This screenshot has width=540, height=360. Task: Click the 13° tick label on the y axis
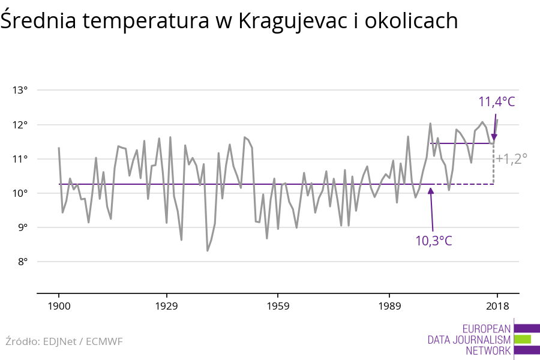pyautogui.click(x=20, y=91)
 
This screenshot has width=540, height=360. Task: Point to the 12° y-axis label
pyautogui.click(x=20, y=125)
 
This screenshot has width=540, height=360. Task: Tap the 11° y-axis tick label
pyautogui.click(x=20, y=159)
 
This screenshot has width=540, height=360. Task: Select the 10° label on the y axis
pyautogui.click(x=20, y=193)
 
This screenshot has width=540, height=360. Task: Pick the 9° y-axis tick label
pyautogui.click(x=22, y=227)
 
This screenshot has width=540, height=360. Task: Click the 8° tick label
pyautogui.click(x=22, y=262)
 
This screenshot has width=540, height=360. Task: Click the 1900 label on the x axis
pyautogui.click(x=59, y=307)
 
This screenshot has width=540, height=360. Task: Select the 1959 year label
pyautogui.click(x=277, y=307)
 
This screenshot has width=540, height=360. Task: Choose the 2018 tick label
pyautogui.click(x=497, y=307)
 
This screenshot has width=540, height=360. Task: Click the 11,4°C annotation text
pyautogui.click(x=496, y=101)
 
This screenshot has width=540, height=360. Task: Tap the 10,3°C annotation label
pyautogui.click(x=433, y=241)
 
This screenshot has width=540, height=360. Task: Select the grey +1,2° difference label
pyautogui.click(x=512, y=159)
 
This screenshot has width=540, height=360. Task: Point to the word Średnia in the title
pyautogui.click(x=37, y=22)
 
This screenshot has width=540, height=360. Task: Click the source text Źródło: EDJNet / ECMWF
pyautogui.click(x=64, y=342)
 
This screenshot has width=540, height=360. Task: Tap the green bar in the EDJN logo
pyautogui.click(x=523, y=339)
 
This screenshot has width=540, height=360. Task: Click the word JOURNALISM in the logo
pyautogui.click(x=484, y=340)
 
